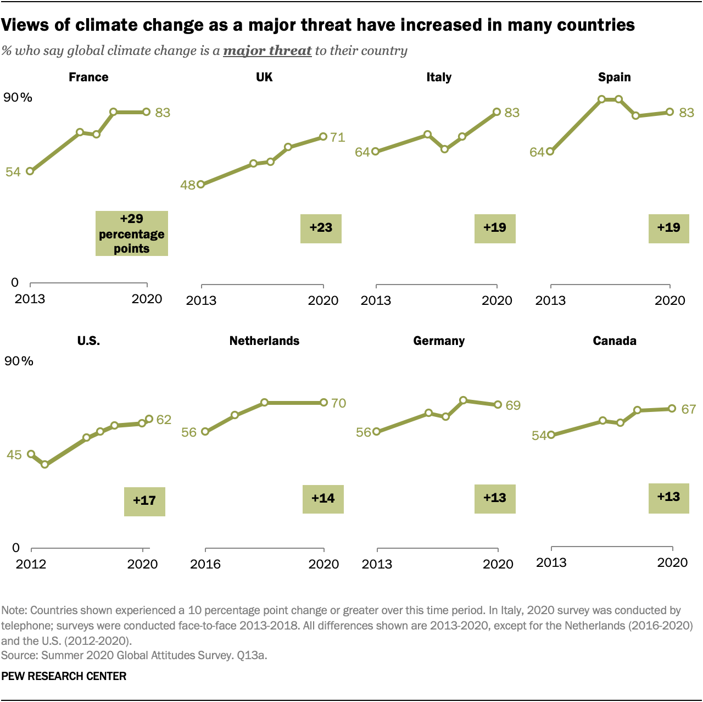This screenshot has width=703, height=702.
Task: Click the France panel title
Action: [88, 77]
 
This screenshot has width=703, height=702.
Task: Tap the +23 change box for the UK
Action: [321, 228]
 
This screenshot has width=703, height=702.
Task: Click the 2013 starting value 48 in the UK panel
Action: [188, 185]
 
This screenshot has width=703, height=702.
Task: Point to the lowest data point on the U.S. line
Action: [45, 465]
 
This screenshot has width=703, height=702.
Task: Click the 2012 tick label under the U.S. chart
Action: [31, 564]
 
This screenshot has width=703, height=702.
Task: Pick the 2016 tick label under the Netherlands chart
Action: [205, 564]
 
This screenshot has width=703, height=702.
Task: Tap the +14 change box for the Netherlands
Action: [323, 499]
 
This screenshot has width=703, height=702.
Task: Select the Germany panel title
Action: [439, 341]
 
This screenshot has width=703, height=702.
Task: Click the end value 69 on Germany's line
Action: [513, 405]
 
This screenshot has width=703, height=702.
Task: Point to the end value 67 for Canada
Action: [688, 409]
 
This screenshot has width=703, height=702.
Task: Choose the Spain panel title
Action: [614, 77]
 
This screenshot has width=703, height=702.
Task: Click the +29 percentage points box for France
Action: [132, 233]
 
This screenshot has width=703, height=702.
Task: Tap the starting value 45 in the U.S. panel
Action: [14, 455]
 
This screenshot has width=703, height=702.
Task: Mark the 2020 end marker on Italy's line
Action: [496, 112]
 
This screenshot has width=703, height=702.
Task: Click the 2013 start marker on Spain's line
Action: [550, 152]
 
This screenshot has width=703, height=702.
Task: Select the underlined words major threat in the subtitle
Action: [267, 51]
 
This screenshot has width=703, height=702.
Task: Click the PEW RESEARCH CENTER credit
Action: [64, 676]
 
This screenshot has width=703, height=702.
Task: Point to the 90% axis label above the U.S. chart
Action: [19, 361]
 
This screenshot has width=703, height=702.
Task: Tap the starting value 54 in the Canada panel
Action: [539, 436]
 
